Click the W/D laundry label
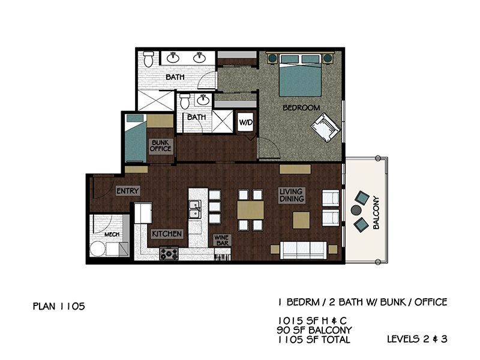(x=246, y=122)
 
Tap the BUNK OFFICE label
(x=160, y=146)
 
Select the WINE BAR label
(x=222, y=241)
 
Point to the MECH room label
(x=112, y=235)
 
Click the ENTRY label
(x=128, y=191)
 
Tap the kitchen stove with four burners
(x=169, y=253)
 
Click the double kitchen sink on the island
(x=194, y=209)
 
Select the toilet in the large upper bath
(x=148, y=59)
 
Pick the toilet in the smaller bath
(x=185, y=101)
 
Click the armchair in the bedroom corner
(x=325, y=127)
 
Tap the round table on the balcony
(x=356, y=210)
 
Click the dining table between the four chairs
(x=250, y=210)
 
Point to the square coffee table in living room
(x=301, y=220)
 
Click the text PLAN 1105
(x=59, y=306)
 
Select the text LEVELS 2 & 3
(x=417, y=339)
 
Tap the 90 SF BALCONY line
(x=314, y=330)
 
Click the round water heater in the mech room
(x=97, y=248)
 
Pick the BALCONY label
(x=376, y=213)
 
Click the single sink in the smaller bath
(x=202, y=100)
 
